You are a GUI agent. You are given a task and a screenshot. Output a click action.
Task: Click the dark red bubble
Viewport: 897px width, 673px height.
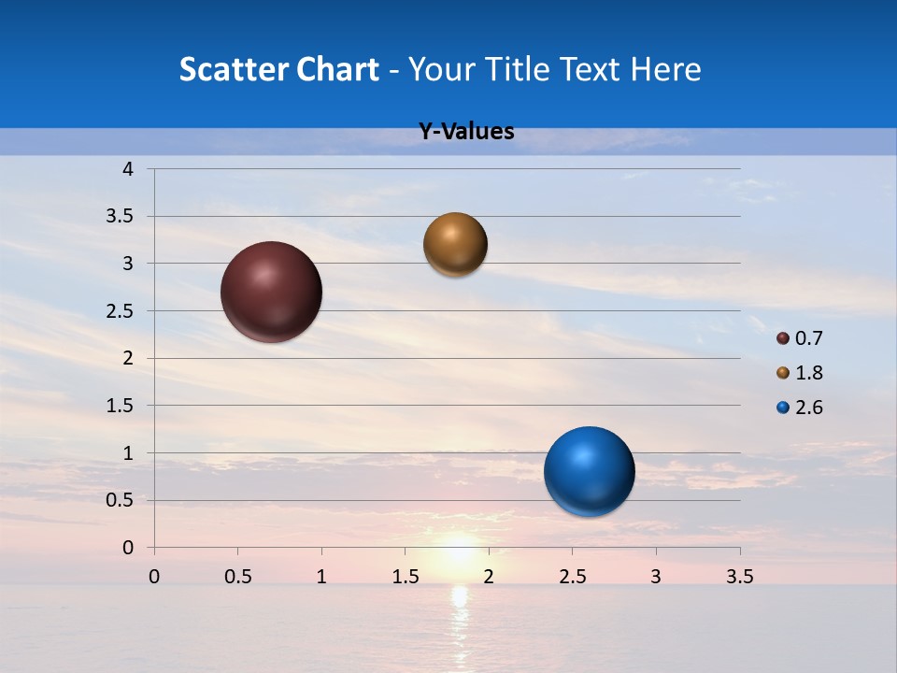click(271, 292)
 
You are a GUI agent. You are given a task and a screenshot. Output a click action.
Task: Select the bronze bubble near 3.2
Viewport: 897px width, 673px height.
click(455, 244)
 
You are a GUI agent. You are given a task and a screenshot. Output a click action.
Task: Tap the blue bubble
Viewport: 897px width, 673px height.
click(589, 471)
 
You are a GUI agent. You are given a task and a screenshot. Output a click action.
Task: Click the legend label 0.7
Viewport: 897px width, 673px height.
click(809, 338)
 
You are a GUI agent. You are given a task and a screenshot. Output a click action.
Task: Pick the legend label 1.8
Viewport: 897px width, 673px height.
click(809, 373)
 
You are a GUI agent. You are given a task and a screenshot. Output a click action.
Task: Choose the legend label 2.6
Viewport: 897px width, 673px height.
click(809, 408)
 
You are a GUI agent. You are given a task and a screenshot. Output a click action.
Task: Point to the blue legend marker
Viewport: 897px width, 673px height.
click(783, 408)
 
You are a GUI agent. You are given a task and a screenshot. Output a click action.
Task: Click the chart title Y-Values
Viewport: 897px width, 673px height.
click(466, 132)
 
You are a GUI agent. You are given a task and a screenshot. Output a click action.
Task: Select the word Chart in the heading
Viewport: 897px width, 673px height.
click(337, 69)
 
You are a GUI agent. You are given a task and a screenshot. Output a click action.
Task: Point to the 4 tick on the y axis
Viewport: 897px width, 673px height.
click(128, 169)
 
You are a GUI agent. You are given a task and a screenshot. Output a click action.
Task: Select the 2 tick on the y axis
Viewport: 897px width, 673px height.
click(128, 358)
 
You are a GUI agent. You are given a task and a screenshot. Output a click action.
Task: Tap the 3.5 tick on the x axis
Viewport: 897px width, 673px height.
click(739, 577)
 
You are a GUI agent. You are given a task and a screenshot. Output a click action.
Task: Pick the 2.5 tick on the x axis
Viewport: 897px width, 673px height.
click(572, 577)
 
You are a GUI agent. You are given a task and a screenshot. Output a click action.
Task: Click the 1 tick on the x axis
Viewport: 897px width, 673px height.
click(321, 577)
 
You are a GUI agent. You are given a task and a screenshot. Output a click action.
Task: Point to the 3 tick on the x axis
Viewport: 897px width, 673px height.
click(656, 577)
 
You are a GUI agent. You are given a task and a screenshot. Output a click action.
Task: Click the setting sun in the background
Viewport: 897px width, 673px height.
click(458, 553)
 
